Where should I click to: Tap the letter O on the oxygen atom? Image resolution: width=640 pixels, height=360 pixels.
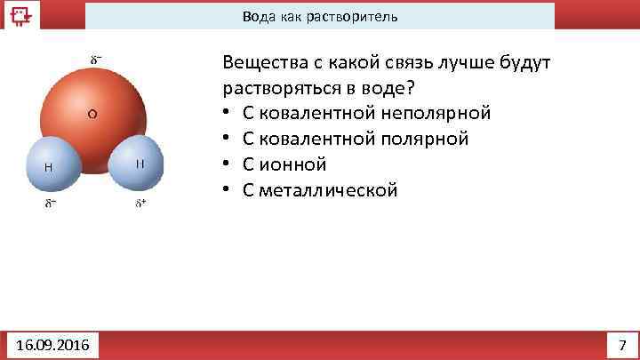pos(92,113)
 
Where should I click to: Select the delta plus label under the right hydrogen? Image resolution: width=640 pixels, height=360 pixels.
pos(141,203)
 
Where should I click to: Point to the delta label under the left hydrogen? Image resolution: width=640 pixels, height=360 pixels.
pos(52,203)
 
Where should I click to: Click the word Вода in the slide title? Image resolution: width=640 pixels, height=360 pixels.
pos(259,17)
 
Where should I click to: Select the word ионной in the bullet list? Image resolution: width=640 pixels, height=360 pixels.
pos(295,164)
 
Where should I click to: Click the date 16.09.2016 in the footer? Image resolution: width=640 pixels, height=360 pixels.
pos(52,344)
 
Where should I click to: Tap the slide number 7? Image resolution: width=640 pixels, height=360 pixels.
pos(621,344)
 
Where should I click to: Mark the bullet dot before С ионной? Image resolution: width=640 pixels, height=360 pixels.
pos(228,165)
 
